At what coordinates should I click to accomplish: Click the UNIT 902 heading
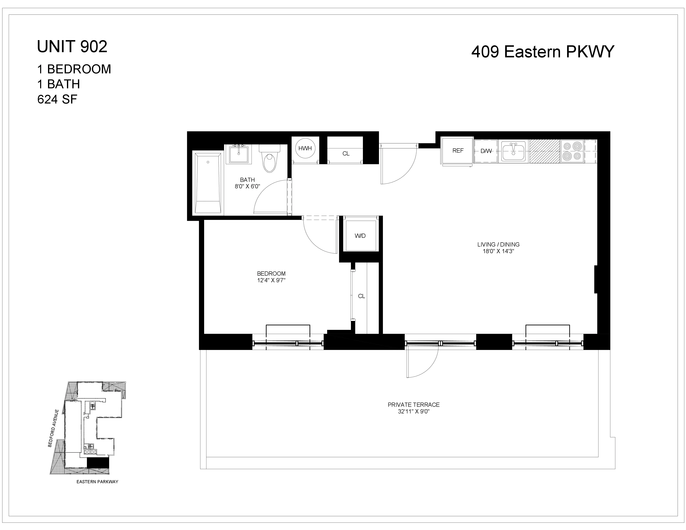click(x=72, y=47)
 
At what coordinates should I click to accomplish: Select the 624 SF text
click(x=57, y=100)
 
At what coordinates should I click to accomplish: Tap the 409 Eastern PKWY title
click(x=542, y=52)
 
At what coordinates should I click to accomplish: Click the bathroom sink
click(x=239, y=154)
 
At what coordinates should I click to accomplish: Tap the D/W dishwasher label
click(x=486, y=151)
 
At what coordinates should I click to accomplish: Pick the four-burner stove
click(x=572, y=151)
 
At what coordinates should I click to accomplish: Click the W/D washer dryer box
click(x=360, y=236)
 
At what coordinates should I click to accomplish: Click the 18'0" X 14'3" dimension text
click(x=498, y=251)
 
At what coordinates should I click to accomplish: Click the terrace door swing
click(x=421, y=364)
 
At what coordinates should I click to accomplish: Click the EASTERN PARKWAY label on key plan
click(x=97, y=482)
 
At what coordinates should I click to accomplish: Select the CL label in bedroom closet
click(x=362, y=296)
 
